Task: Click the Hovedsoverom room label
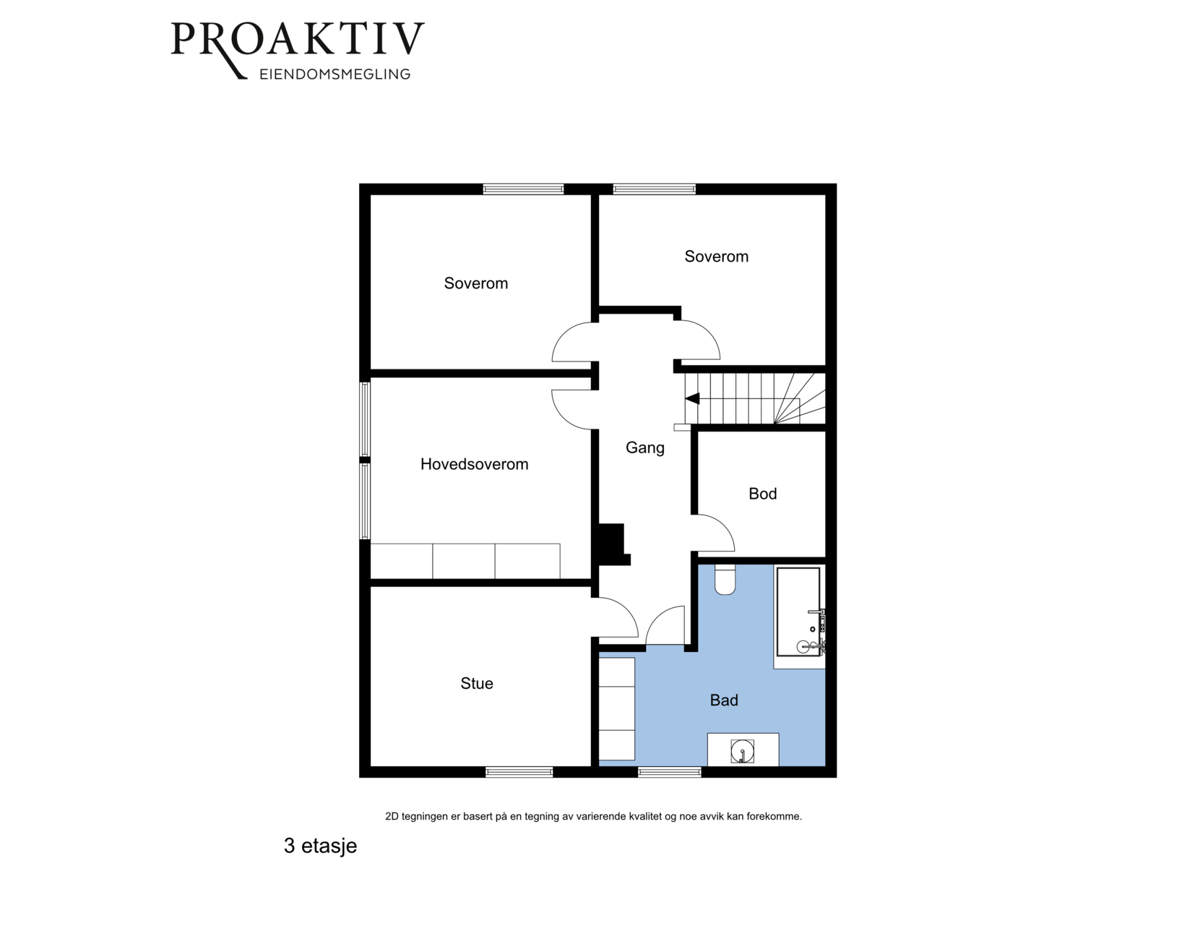click(474, 464)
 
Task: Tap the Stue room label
click(477, 683)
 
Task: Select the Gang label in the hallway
click(645, 448)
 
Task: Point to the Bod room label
click(763, 494)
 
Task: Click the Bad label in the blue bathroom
click(724, 700)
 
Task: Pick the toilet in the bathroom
click(725, 580)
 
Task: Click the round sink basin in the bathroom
click(743, 752)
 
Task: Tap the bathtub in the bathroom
click(798, 612)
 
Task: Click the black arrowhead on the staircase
click(692, 398)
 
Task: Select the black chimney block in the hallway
click(613, 544)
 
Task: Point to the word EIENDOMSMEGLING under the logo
click(335, 74)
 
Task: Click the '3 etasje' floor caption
click(321, 846)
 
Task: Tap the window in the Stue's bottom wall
click(519, 772)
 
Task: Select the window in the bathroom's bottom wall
click(669, 772)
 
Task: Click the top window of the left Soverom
click(524, 189)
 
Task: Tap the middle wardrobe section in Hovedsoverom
click(464, 561)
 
